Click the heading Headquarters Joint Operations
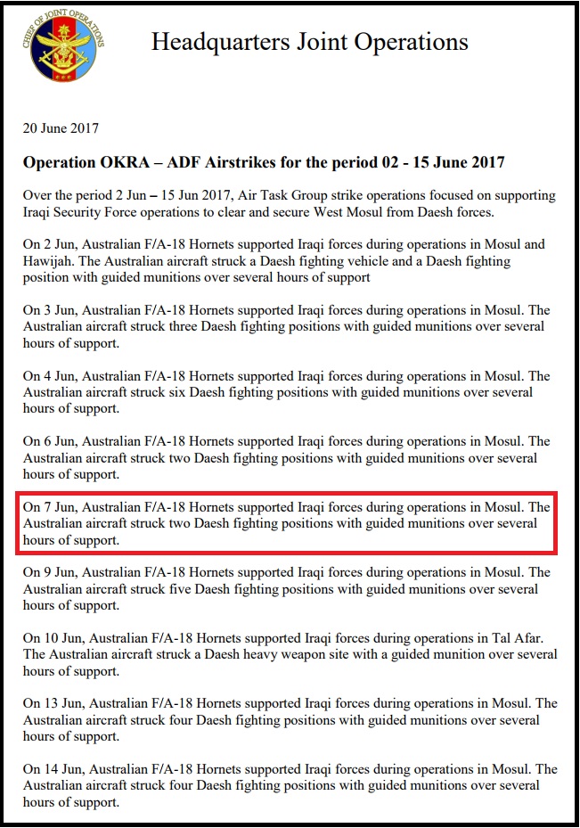pos(309,42)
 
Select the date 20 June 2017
pos(61,129)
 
